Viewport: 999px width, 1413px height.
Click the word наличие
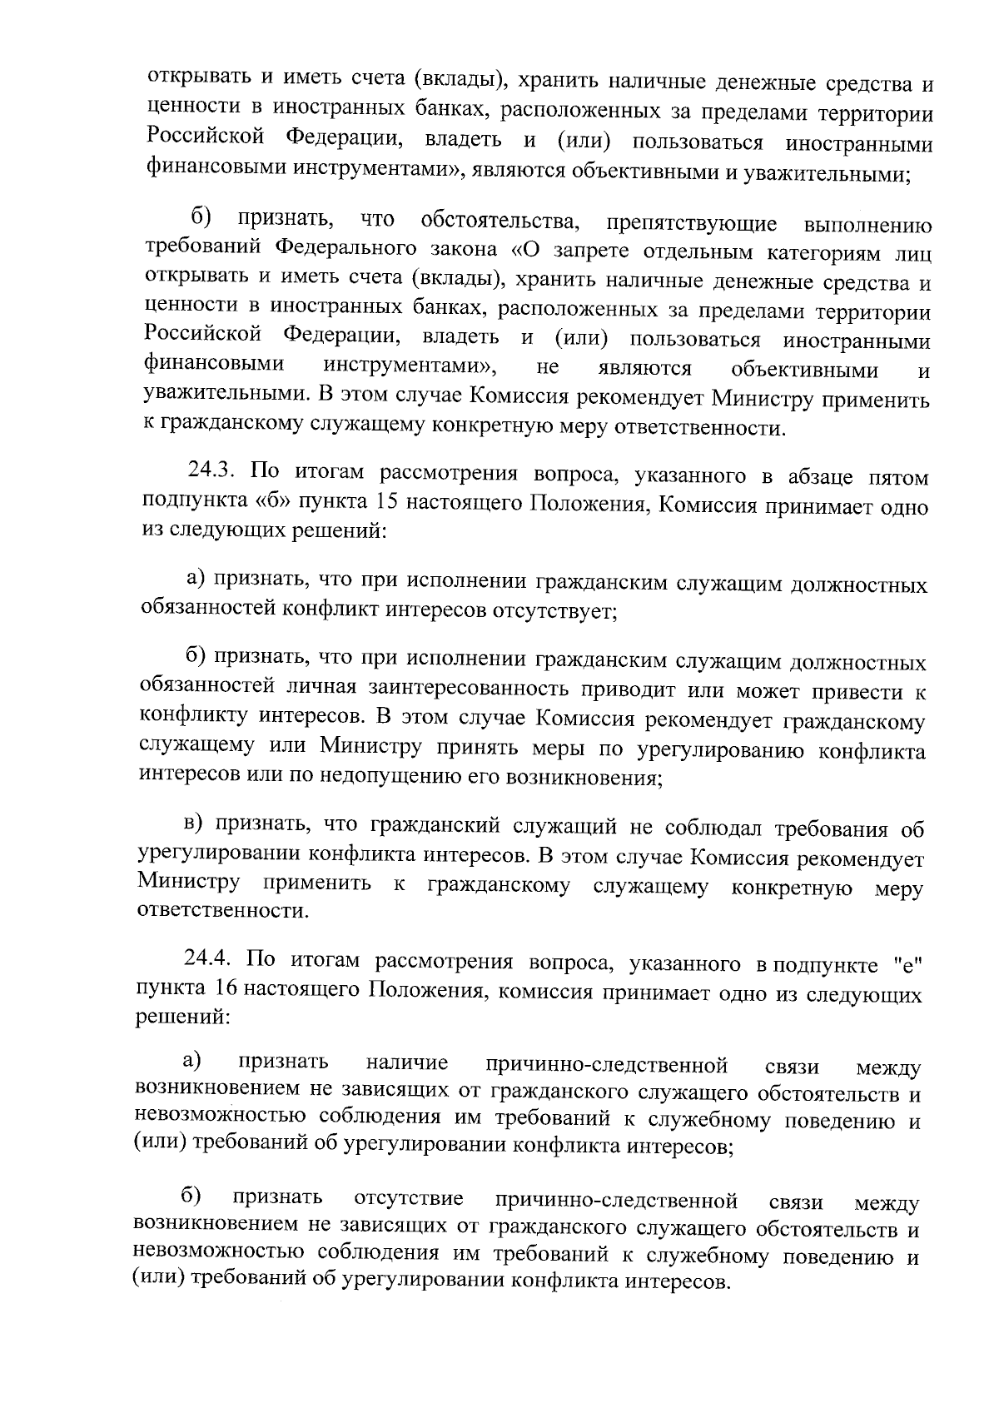point(407,1063)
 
